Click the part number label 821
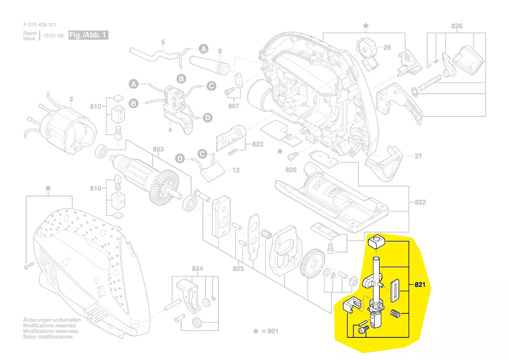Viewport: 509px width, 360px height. click(x=419, y=285)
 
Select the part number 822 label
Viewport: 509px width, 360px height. click(x=420, y=202)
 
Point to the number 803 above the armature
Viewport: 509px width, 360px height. click(x=158, y=149)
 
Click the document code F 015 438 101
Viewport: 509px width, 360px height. click(x=40, y=25)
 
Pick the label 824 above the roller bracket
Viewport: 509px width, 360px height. click(x=198, y=269)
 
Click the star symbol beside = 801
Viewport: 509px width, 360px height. click(x=256, y=331)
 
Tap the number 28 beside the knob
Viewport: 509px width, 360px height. click(x=387, y=48)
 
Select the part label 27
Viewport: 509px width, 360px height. click(x=418, y=156)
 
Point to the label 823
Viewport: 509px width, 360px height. click(x=258, y=144)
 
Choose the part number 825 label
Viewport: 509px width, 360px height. click(x=238, y=268)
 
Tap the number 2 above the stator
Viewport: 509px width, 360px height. click(x=71, y=99)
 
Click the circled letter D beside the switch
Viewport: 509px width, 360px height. click(x=208, y=118)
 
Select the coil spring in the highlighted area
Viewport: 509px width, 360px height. click(x=395, y=313)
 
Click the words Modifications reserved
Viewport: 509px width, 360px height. click(x=49, y=326)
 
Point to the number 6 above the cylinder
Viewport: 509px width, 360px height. click(x=220, y=51)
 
